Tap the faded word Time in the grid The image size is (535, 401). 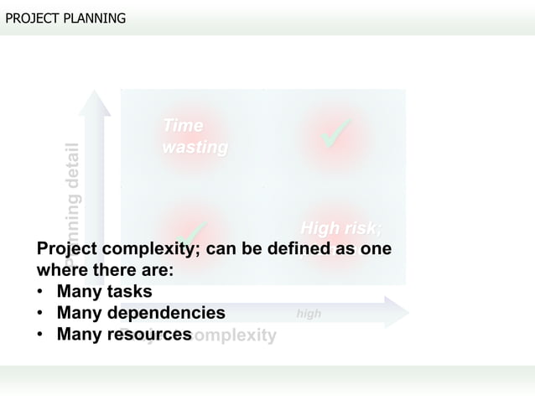[x=183, y=126]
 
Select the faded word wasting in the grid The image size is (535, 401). [x=195, y=148]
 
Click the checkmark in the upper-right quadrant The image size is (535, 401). [x=336, y=135]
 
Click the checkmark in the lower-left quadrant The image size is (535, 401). [x=194, y=231]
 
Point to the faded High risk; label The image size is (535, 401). [x=340, y=229]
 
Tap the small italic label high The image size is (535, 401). [x=309, y=314]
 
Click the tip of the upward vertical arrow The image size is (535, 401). [x=95, y=93]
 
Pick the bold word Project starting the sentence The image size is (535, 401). [x=67, y=250]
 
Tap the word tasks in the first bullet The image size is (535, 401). [x=129, y=292]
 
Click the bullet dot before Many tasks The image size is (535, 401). [x=40, y=293]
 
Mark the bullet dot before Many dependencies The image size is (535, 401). [x=40, y=314]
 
